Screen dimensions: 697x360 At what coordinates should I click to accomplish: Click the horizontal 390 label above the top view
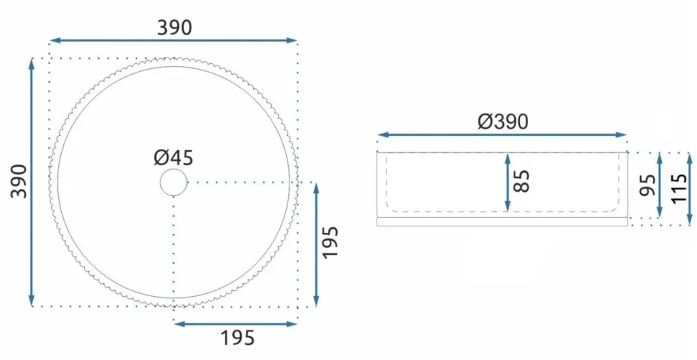point(175,27)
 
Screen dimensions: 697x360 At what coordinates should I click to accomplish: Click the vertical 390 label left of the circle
point(19,181)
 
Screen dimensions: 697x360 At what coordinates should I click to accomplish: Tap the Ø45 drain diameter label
point(174,158)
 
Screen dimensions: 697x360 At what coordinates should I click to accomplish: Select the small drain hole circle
point(173,183)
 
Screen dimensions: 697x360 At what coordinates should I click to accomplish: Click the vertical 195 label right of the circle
point(331,243)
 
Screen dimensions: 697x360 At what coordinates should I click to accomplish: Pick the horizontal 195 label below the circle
point(238,338)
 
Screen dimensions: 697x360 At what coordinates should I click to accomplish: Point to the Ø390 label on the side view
point(503,121)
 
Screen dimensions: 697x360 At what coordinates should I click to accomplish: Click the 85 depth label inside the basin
point(522,181)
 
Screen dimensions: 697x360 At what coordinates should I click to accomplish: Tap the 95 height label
point(647,185)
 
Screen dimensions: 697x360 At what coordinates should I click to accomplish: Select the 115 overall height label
point(679,189)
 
